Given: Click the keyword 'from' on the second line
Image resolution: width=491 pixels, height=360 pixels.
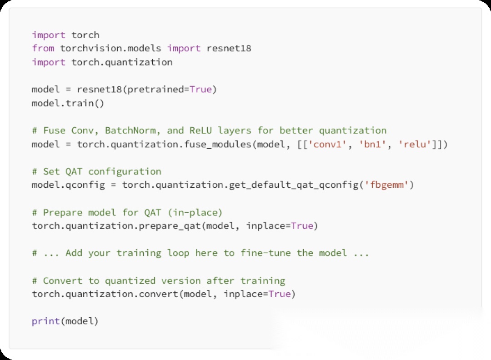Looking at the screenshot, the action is pos(43,48).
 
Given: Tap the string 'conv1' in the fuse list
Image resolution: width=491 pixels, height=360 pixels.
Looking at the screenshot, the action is pos(327,144).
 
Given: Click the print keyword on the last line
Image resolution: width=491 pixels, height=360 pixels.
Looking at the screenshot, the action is pos(46,321).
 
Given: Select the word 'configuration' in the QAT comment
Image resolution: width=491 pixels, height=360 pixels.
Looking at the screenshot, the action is pos(125,171).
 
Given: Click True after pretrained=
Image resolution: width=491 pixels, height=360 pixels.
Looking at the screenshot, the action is pos(200,90).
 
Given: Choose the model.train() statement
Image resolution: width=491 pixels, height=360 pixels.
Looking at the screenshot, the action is pos(68,103).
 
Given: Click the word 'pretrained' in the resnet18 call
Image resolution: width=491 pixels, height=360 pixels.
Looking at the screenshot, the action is pos(155,90).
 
